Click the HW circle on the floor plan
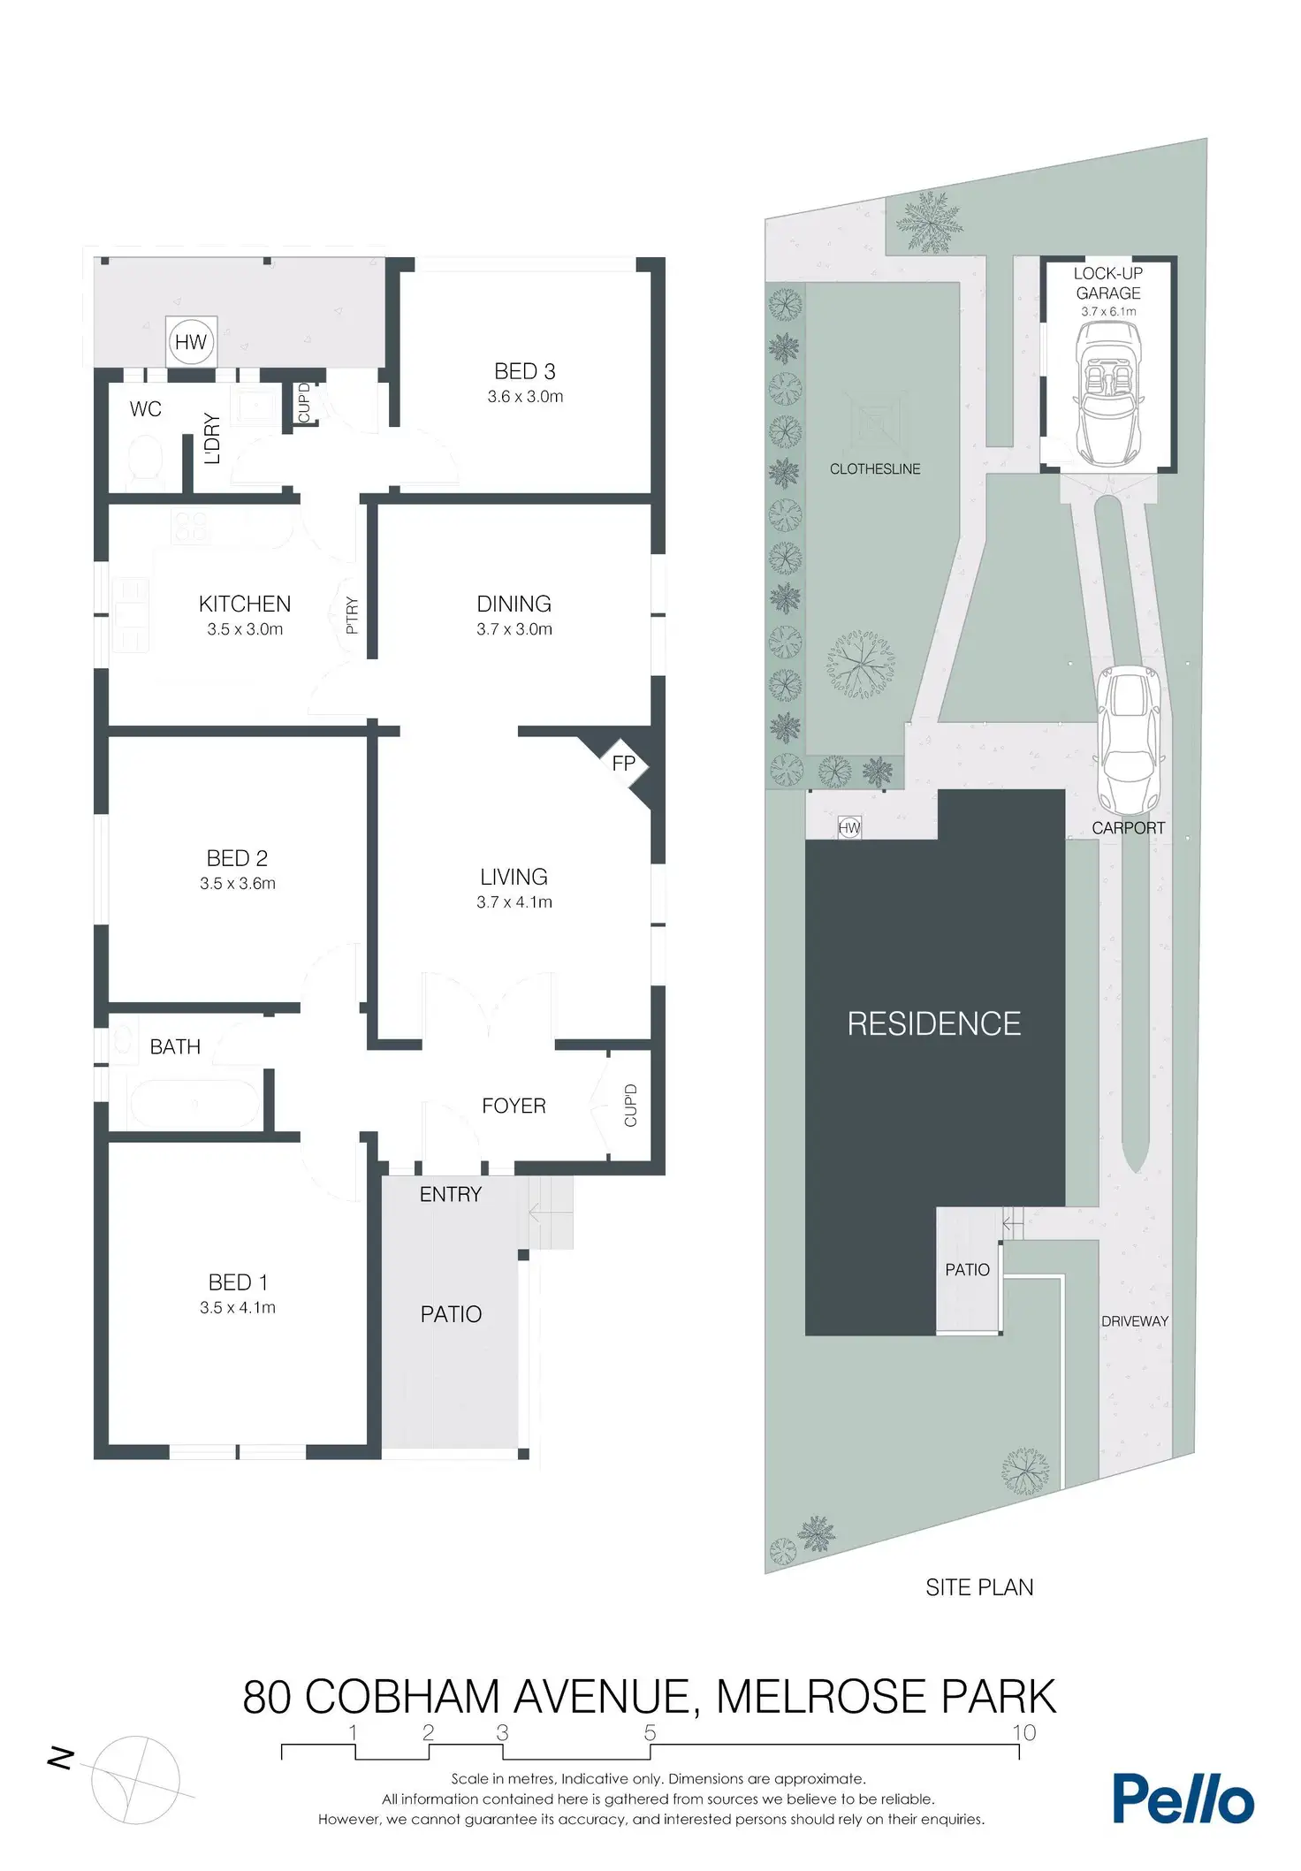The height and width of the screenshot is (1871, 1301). pyautogui.click(x=191, y=342)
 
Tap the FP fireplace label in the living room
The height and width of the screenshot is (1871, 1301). pyautogui.click(x=624, y=763)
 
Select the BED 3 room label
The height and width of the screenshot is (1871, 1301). pyautogui.click(x=525, y=371)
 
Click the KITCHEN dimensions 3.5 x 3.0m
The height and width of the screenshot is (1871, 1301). pyautogui.click(x=245, y=629)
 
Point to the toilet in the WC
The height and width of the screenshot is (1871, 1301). pyautogui.click(x=144, y=460)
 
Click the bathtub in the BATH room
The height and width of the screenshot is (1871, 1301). pyautogui.click(x=194, y=1103)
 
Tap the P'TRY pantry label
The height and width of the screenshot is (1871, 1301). pyautogui.click(x=352, y=615)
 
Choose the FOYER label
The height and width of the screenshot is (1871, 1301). pyautogui.click(x=514, y=1106)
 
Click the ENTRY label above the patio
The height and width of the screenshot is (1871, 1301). pyautogui.click(x=451, y=1194)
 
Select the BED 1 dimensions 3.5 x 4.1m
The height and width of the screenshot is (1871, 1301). pyautogui.click(x=238, y=1307)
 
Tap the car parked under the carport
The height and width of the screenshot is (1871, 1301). pyautogui.click(x=1129, y=741)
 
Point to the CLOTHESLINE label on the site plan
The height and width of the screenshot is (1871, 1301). pyautogui.click(x=875, y=469)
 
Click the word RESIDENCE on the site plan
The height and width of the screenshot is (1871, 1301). pyautogui.click(x=934, y=1023)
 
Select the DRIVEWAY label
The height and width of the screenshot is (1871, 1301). pyautogui.click(x=1135, y=1321)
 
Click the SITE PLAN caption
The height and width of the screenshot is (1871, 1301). pyautogui.click(x=979, y=1587)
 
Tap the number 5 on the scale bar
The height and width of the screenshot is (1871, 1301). pyautogui.click(x=650, y=1733)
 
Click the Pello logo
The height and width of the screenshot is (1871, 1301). pyautogui.click(x=1183, y=1798)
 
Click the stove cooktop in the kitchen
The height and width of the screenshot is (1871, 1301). pyautogui.click(x=190, y=528)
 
